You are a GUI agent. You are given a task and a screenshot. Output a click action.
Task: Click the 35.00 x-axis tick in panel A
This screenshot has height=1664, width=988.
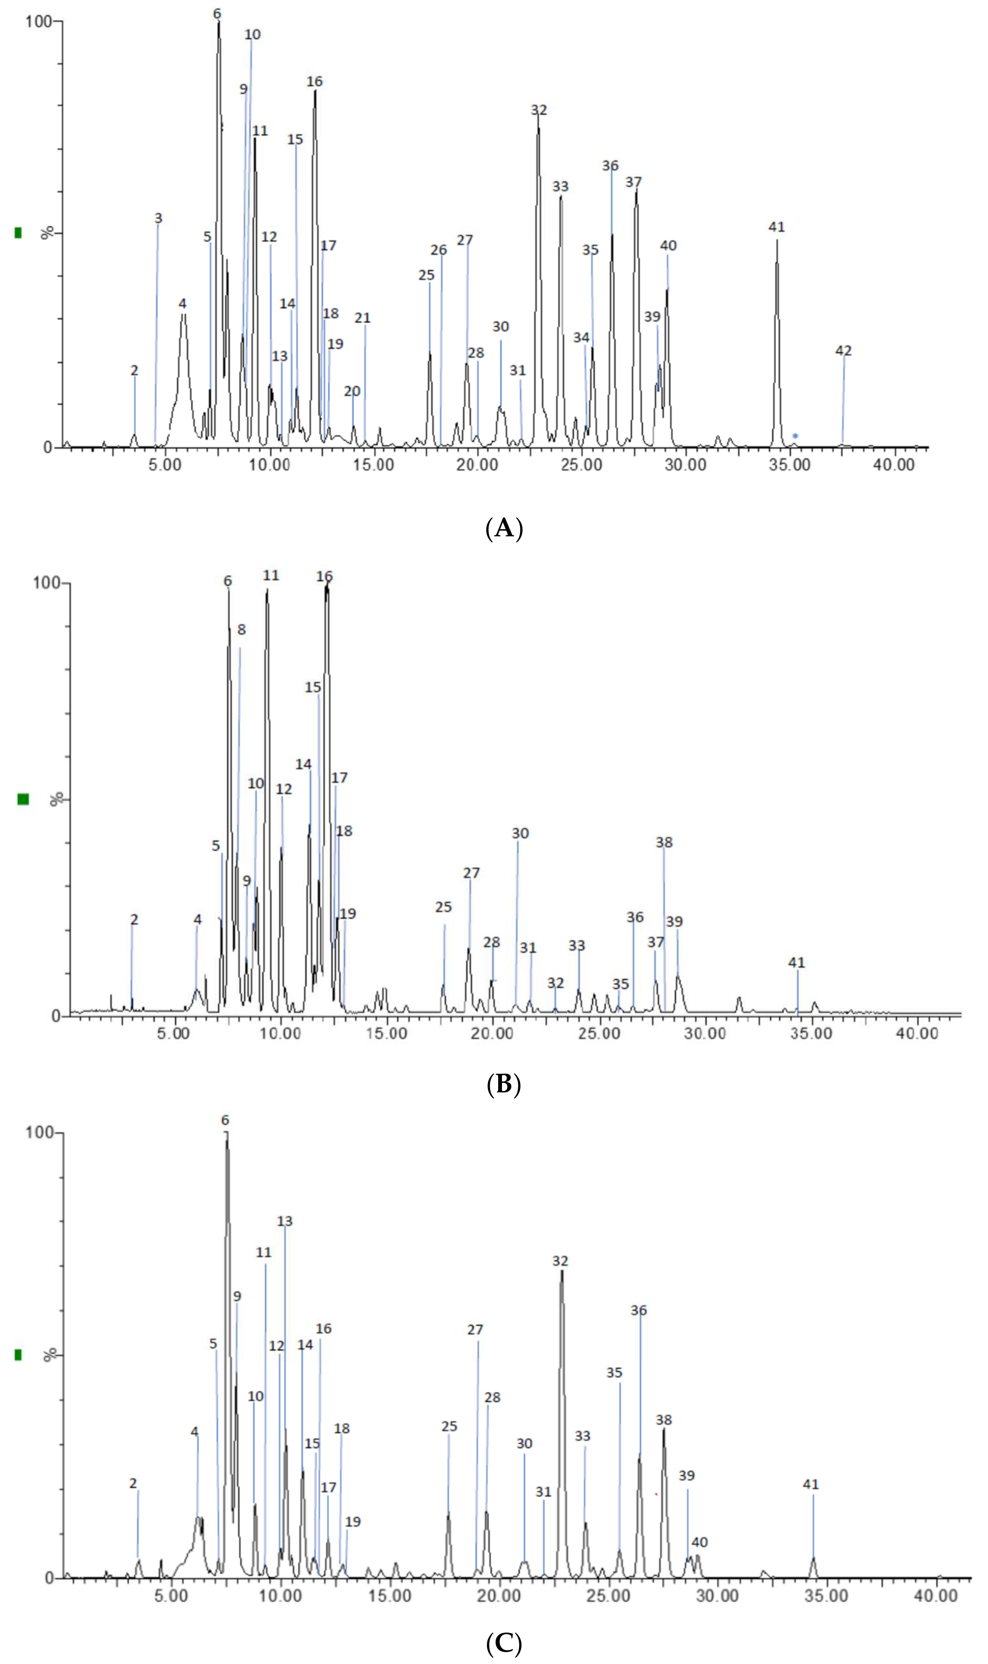(x=790, y=465)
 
